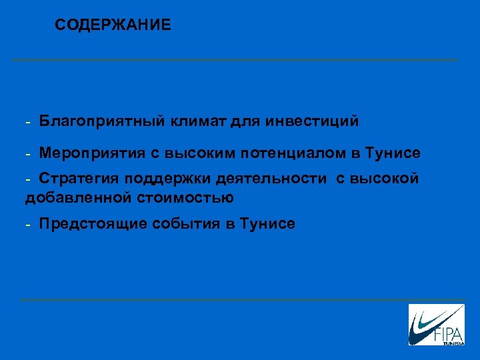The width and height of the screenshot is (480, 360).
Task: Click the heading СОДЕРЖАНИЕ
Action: point(113,25)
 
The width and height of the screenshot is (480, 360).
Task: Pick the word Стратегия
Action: point(75,179)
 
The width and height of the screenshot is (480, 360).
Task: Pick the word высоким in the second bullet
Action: point(199,153)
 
